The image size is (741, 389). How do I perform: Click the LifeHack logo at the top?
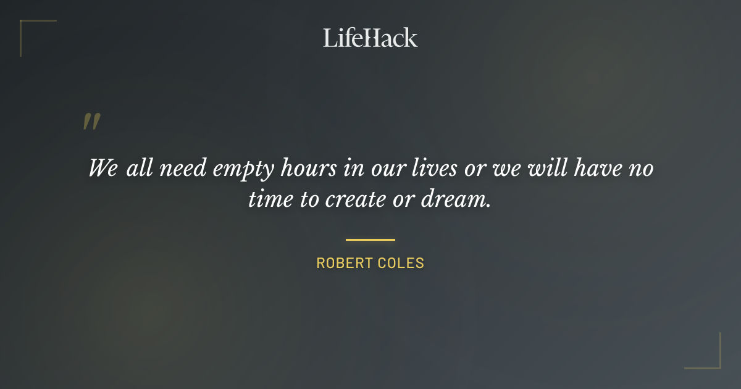point(371,38)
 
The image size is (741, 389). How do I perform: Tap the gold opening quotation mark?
point(91,122)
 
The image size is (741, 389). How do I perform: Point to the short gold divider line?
point(371,240)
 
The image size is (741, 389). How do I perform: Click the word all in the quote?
point(140,168)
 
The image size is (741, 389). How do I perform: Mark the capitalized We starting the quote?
point(103,168)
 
